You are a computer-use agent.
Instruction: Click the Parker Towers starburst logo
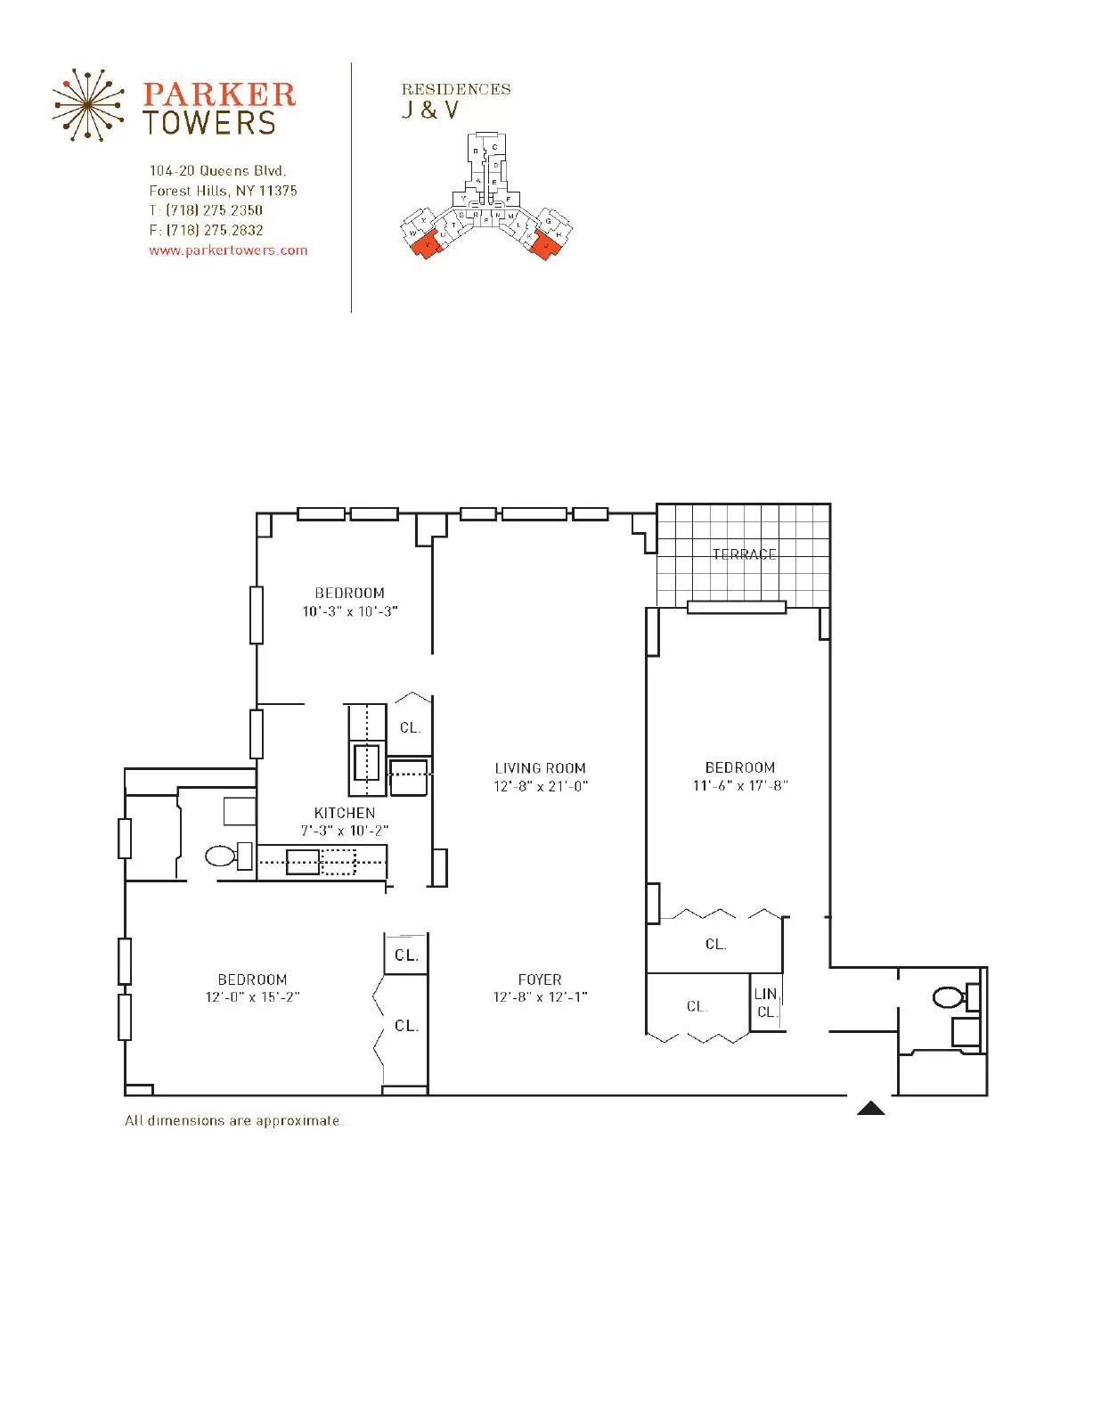[86, 105]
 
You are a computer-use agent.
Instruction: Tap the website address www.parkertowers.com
[228, 250]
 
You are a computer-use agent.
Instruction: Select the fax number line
[206, 230]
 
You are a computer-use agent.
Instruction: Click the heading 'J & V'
[429, 111]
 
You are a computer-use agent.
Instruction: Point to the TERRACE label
[744, 554]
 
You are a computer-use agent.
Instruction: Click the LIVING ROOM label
[540, 767]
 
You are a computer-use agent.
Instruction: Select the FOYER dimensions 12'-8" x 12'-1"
[540, 997]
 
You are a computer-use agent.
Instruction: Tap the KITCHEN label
[345, 813]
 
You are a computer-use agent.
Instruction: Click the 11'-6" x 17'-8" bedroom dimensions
[740, 785]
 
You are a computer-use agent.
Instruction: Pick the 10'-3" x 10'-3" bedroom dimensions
[349, 611]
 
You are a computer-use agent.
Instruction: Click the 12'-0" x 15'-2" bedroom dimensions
[252, 997]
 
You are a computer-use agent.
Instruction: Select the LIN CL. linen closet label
[766, 1003]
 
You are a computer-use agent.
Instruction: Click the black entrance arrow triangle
[870, 1109]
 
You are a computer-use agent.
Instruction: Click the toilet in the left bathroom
[222, 856]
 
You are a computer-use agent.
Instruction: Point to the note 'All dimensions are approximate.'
[233, 1120]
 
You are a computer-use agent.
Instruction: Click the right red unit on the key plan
[544, 242]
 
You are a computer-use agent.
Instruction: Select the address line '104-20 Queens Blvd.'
[217, 170]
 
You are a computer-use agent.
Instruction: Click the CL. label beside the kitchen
[410, 727]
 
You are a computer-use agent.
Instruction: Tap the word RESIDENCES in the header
[455, 89]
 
